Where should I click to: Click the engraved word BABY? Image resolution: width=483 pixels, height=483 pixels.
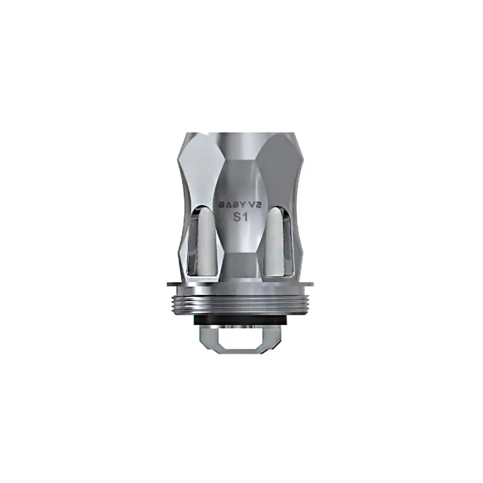(230, 204)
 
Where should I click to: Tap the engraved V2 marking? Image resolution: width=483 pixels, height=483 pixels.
(255, 204)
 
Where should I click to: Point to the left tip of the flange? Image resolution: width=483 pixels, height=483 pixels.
(169, 284)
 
